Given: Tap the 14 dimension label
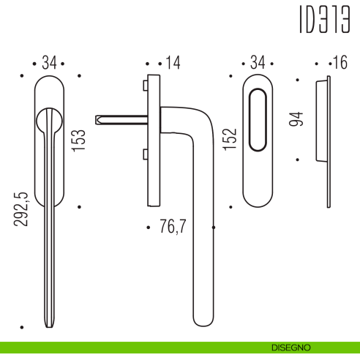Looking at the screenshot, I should (172, 64).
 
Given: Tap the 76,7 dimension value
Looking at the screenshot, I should (173, 228).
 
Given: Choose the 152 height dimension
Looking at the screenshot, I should (228, 140).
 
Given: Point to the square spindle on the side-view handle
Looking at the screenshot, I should (121, 118).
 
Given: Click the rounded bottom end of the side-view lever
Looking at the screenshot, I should (202, 320).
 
